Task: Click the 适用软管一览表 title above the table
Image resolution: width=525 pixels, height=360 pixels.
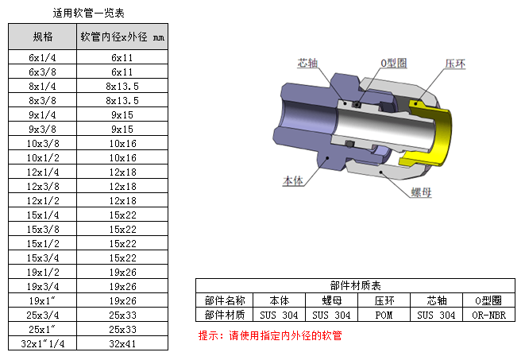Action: [89, 13]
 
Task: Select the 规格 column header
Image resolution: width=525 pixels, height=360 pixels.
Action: [43, 37]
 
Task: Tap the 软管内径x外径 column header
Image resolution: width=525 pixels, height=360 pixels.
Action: [122, 37]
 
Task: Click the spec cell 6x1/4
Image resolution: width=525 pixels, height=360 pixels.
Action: [43, 57]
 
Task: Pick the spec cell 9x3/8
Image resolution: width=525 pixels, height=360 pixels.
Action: [43, 129]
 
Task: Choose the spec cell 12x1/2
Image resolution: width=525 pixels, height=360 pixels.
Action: [43, 200]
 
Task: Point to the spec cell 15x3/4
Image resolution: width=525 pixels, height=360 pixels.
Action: [43, 257]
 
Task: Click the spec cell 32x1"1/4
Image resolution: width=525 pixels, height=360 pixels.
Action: [43, 343]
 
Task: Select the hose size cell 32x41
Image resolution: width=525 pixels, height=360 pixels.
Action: [122, 343]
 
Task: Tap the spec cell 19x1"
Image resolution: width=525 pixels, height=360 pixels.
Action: [42, 300]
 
